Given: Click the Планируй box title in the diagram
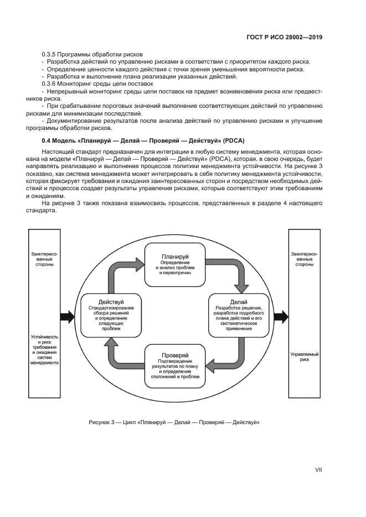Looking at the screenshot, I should click(176, 257).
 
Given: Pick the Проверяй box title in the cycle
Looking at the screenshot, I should click(176, 354).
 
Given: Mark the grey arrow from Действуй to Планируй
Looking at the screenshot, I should click(119, 269).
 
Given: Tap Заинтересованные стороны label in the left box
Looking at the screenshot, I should click(42, 259).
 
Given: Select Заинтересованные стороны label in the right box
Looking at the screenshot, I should click(304, 259).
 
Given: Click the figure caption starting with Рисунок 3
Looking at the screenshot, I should click(174, 422).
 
